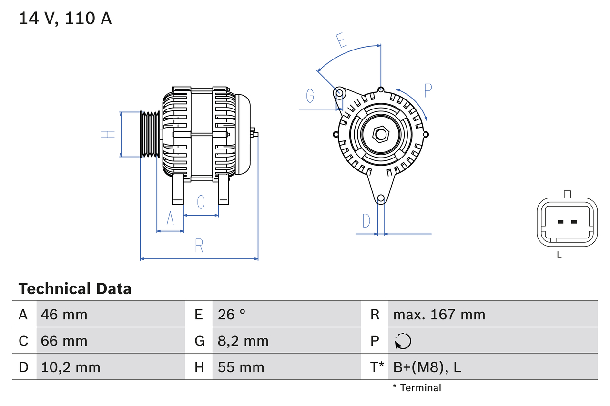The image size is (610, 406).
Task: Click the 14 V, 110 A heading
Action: coord(65,18)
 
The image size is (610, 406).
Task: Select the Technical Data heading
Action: coord(75,288)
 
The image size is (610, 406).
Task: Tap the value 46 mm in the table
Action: coord(64,314)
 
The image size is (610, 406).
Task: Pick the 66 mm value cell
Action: coord(64,341)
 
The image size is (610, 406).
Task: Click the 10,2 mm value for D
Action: coord(71,367)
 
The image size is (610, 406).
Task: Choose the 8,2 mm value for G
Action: coord(243,341)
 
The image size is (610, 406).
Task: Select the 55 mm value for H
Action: coord(241,367)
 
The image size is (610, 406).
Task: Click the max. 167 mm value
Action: coord(439,314)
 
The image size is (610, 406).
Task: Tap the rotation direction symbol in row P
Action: coord(403,341)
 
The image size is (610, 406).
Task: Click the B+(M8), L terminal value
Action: coord(427,367)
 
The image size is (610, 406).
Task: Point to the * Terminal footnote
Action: coord(417,388)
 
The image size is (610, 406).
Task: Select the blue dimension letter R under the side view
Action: coord(199,246)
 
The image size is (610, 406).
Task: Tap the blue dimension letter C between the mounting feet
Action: coord(201,202)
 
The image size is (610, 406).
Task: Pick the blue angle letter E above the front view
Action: coord(341,40)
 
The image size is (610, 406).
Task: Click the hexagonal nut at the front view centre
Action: coord(380,134)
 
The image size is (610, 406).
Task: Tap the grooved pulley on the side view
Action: coord(150,134)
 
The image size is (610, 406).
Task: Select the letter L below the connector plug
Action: coord(559,255)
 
